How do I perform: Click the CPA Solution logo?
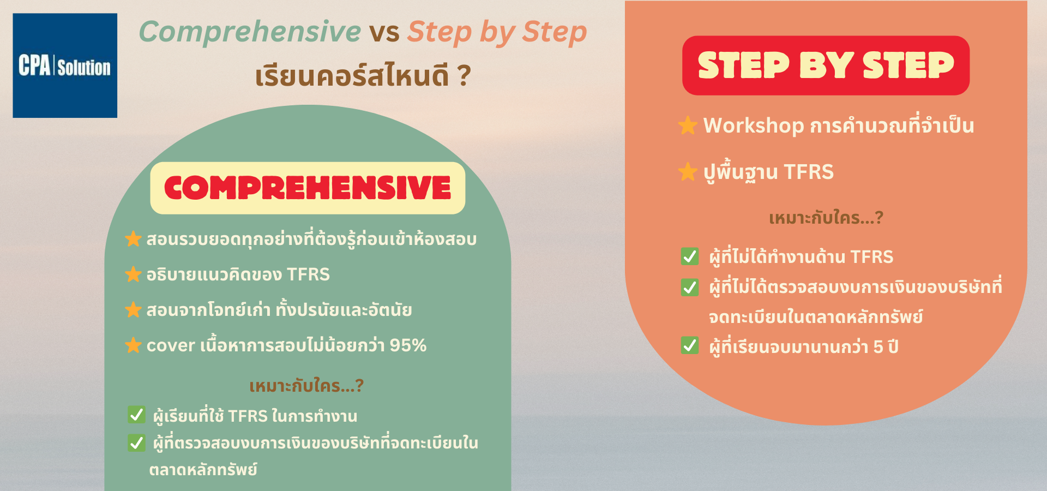[x=65, y=65]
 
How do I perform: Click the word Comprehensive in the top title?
[x=250, y=32]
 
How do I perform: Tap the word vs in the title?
[x=384, y=33]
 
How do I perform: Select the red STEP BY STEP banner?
[x=826, y=65]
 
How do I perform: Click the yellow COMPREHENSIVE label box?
[x=308, y=188]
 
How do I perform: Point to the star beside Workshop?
[x=688, y=125]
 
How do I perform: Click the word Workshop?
[x=754, y=125]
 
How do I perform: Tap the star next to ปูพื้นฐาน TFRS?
[x=688, y=172]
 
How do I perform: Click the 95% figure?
[x=408, y=345]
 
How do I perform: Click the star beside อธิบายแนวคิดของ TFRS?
[x=133, y=274]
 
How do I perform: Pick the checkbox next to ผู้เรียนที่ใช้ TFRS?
[x=136, y=415]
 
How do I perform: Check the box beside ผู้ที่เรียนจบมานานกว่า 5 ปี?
[x=690, y=345]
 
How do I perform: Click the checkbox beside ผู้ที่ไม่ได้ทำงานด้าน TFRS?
[x=690, y=256]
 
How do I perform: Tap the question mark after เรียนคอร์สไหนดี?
[x=465, y=76]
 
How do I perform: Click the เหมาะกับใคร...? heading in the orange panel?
[x=826, y=218]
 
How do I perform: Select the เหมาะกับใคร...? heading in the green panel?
[x=306, y=386]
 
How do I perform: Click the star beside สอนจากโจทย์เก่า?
[x=133, y=310]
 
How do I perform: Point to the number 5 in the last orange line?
[x=878, y=347]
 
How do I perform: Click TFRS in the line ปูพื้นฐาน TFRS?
[x=809, y=172]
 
